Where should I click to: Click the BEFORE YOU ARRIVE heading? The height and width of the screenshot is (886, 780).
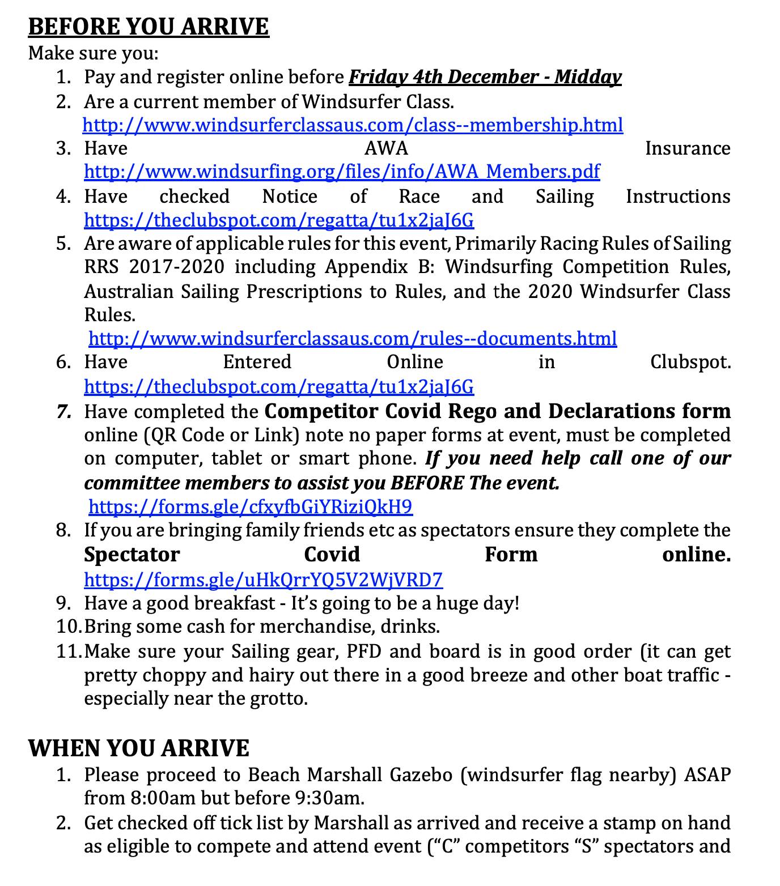click(x=149, y=27)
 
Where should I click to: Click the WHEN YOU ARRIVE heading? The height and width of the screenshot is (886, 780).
click(x=138, y=748)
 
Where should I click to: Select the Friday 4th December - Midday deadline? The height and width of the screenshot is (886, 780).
click(x=485, y=77)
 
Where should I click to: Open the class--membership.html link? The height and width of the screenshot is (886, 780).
click(x=353, y=125)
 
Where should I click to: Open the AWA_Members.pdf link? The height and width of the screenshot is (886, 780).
click(x=342, y=172)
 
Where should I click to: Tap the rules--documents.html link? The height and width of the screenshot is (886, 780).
click(x=353, y=339)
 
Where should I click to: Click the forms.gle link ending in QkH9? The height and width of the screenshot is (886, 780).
click(x=251, y=506)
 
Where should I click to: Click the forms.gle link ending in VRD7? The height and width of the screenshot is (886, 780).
click(x=263, y=580)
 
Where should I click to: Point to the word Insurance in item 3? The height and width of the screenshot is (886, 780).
click(x=688, y=148)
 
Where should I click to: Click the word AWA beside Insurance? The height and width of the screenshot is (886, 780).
click(x=386, y=148)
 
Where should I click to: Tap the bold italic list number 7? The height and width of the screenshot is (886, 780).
click(x=64, y=411)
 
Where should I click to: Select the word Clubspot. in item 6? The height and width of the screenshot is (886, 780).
click(x=690, y=362)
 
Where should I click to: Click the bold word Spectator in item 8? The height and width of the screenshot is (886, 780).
click(x=132, y=555)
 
